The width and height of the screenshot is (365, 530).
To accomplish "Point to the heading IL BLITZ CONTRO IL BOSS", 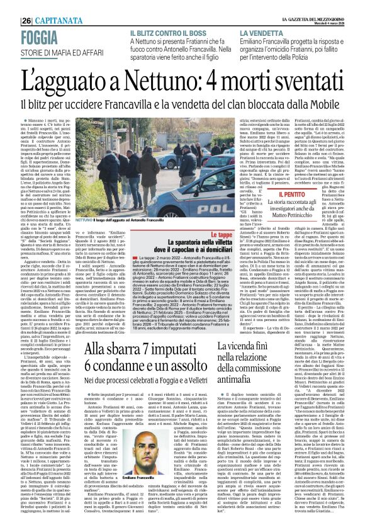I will (x=169, y=32).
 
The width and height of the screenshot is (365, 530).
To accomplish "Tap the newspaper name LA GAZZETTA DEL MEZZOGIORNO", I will (x=315, y=16).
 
